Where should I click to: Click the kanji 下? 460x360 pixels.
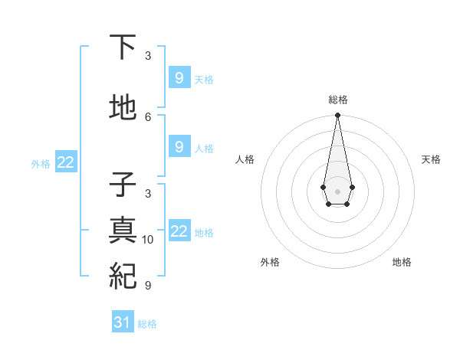123,47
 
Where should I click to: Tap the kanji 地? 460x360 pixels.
123,108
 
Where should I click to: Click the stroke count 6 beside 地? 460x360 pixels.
148,116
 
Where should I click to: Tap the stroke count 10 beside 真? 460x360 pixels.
148,240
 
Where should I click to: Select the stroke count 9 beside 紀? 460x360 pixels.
148,286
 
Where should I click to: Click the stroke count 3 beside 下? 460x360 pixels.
148,56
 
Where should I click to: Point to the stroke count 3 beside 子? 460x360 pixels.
148,194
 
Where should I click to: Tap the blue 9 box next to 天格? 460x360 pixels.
179,77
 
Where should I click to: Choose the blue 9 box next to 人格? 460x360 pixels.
179,146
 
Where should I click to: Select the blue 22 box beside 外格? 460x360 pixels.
66,162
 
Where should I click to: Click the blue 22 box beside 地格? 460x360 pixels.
179,231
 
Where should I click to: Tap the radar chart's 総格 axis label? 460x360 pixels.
337,100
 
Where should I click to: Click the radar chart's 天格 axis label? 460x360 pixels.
431,159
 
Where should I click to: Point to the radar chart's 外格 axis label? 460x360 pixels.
270,262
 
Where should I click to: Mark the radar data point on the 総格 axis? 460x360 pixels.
337,116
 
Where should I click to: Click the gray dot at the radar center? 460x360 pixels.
337,191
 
